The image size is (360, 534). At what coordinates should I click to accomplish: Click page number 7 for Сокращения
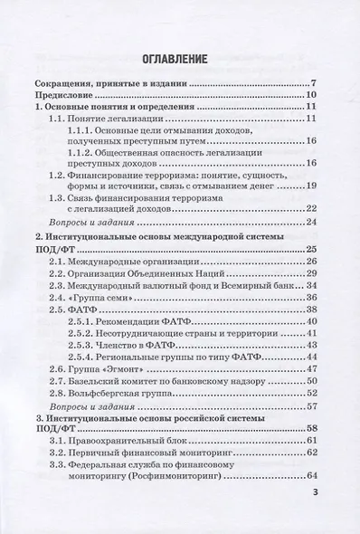click(310, 81)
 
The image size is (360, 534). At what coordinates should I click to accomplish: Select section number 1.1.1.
click(82, 129)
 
